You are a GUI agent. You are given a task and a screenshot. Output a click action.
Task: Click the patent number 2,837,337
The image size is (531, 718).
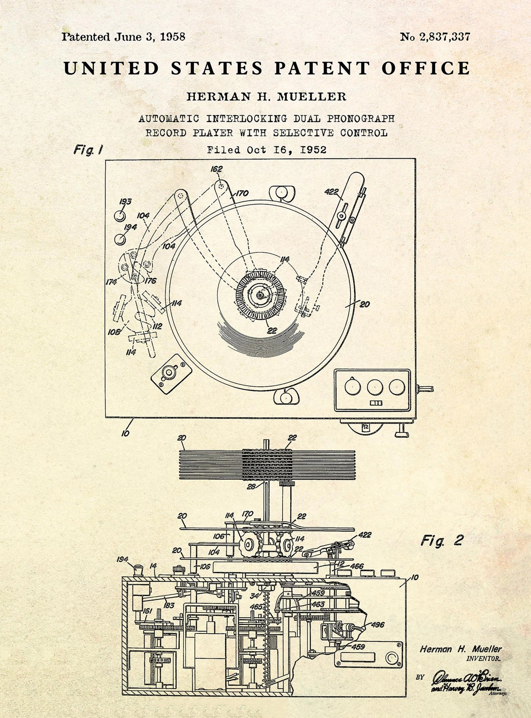pyautogui.click(x=446, y=37)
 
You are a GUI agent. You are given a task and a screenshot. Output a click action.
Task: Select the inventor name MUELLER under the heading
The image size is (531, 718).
pyautogui.click(x=312, y=97)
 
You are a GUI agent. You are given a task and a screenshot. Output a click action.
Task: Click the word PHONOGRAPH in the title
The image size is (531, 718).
pyautogui.click(x=360, y=119)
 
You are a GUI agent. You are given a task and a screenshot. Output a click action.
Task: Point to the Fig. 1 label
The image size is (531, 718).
pyautogui.click(x=88, y=150)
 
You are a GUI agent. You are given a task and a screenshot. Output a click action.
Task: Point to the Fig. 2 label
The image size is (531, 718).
pyautogui.click(x=442, y=541)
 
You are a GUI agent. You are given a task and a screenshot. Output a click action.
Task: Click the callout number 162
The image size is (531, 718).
pyautogui.click(x=216, y=169)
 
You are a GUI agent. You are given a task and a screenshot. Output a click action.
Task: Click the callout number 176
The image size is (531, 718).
pyautogui.click(x=150, y=281)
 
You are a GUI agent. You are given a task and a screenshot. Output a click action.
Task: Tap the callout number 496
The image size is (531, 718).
pyautogui.click(x=378, y=624)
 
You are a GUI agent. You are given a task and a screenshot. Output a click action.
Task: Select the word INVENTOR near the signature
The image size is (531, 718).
pyautogui.click(x=483, y=659)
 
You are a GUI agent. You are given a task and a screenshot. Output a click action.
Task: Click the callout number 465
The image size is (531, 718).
pyautogui.click(x=256, y=607)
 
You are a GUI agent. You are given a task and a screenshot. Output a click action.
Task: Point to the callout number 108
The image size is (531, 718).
pyautogui.click(x=114, y=332)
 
